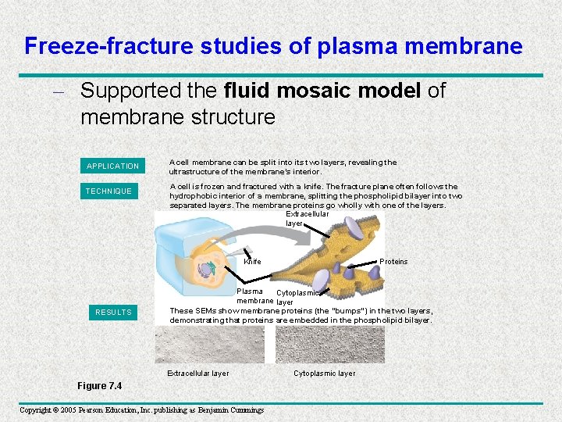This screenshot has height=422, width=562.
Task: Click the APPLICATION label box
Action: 112,166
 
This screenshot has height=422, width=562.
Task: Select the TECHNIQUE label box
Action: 109,191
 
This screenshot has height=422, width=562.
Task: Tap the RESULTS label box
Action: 113,312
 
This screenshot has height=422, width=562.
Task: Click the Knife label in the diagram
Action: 252,261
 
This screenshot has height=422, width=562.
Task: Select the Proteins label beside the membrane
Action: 393,261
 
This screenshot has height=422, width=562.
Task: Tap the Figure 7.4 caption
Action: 99,386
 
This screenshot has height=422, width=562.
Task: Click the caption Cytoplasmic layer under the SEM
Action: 324,374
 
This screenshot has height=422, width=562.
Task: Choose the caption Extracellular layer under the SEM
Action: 198,374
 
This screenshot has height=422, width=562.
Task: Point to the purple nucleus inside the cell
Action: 205,270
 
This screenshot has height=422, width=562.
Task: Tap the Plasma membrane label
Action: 254,296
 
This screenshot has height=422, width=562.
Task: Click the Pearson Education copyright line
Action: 141,409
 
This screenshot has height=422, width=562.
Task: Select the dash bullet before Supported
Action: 63,92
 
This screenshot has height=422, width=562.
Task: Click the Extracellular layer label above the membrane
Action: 307,218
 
